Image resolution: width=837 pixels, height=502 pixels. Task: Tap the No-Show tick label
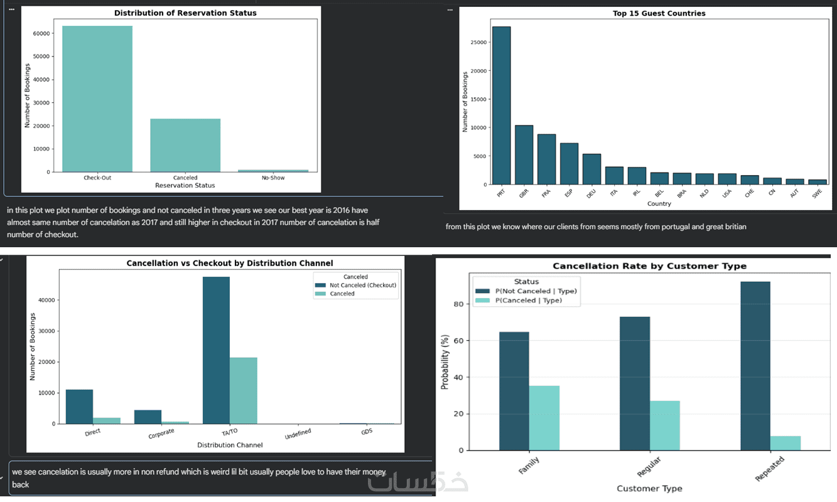pyautogui.click(x=273, y=178)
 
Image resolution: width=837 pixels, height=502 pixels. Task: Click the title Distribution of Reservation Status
pyautogui.click(x=185, y=13)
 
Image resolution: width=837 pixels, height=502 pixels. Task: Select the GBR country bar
pyautogui.click(x=524, y=155)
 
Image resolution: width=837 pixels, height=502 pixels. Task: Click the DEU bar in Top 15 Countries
pyautogui.click(x=591, y=169)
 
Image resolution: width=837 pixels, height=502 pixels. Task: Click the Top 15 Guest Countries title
pyautogui.click(x=659, y=13)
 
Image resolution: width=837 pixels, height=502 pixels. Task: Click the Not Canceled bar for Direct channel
pyautogui.click(x=79, y=407)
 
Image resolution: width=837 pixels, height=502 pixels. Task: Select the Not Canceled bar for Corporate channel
pyautogui.click(x=148, y=417)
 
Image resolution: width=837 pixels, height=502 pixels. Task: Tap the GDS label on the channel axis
pyautogui.click(x=366, y=432)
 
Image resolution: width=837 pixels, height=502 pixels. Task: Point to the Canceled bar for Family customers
pyautogui.click(x=544, y=418)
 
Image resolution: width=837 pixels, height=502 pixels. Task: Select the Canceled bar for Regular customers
pyautogui.click(x=664, y=425)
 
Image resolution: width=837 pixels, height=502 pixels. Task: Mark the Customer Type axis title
pyautogui.click(x=649, y=488)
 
